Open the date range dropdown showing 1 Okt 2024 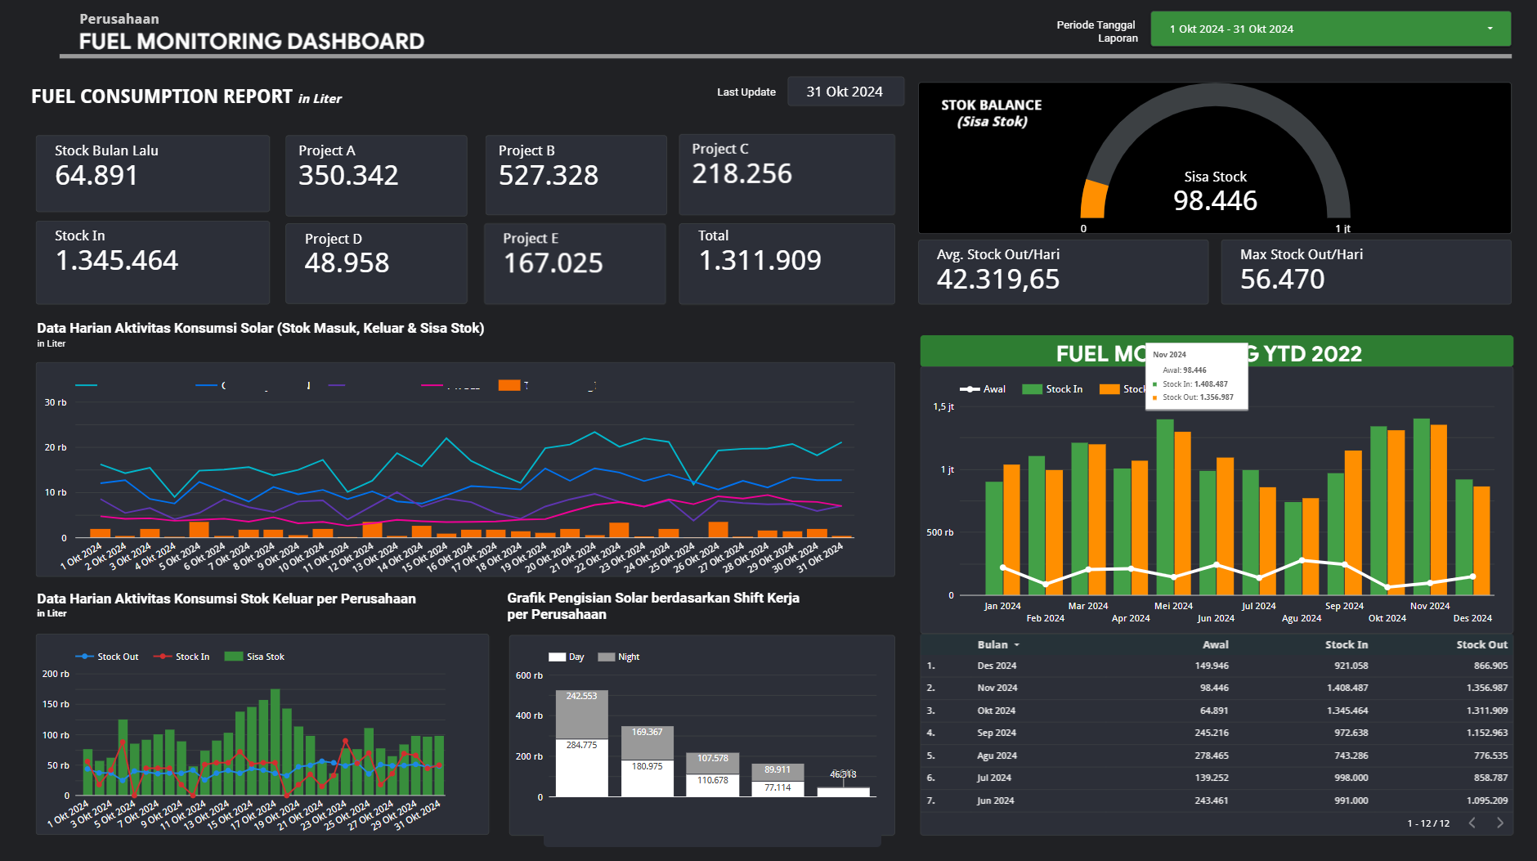coord(1329,29)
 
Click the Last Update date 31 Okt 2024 coord(845,92)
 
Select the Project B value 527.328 coord(549,176)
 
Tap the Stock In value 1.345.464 coord(116,261)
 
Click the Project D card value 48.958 coord(347,263)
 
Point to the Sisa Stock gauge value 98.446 coord(1215,201)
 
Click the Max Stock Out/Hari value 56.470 coord(1282,280)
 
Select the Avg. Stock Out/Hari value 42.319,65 coord(997,280)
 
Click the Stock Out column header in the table coord(1481,645)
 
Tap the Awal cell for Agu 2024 coord(1211,756)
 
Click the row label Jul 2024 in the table coord(993,778)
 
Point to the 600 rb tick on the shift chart coord(529,676)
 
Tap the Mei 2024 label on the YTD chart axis coord(1173,607)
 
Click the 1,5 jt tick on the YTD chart coord(943,407)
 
